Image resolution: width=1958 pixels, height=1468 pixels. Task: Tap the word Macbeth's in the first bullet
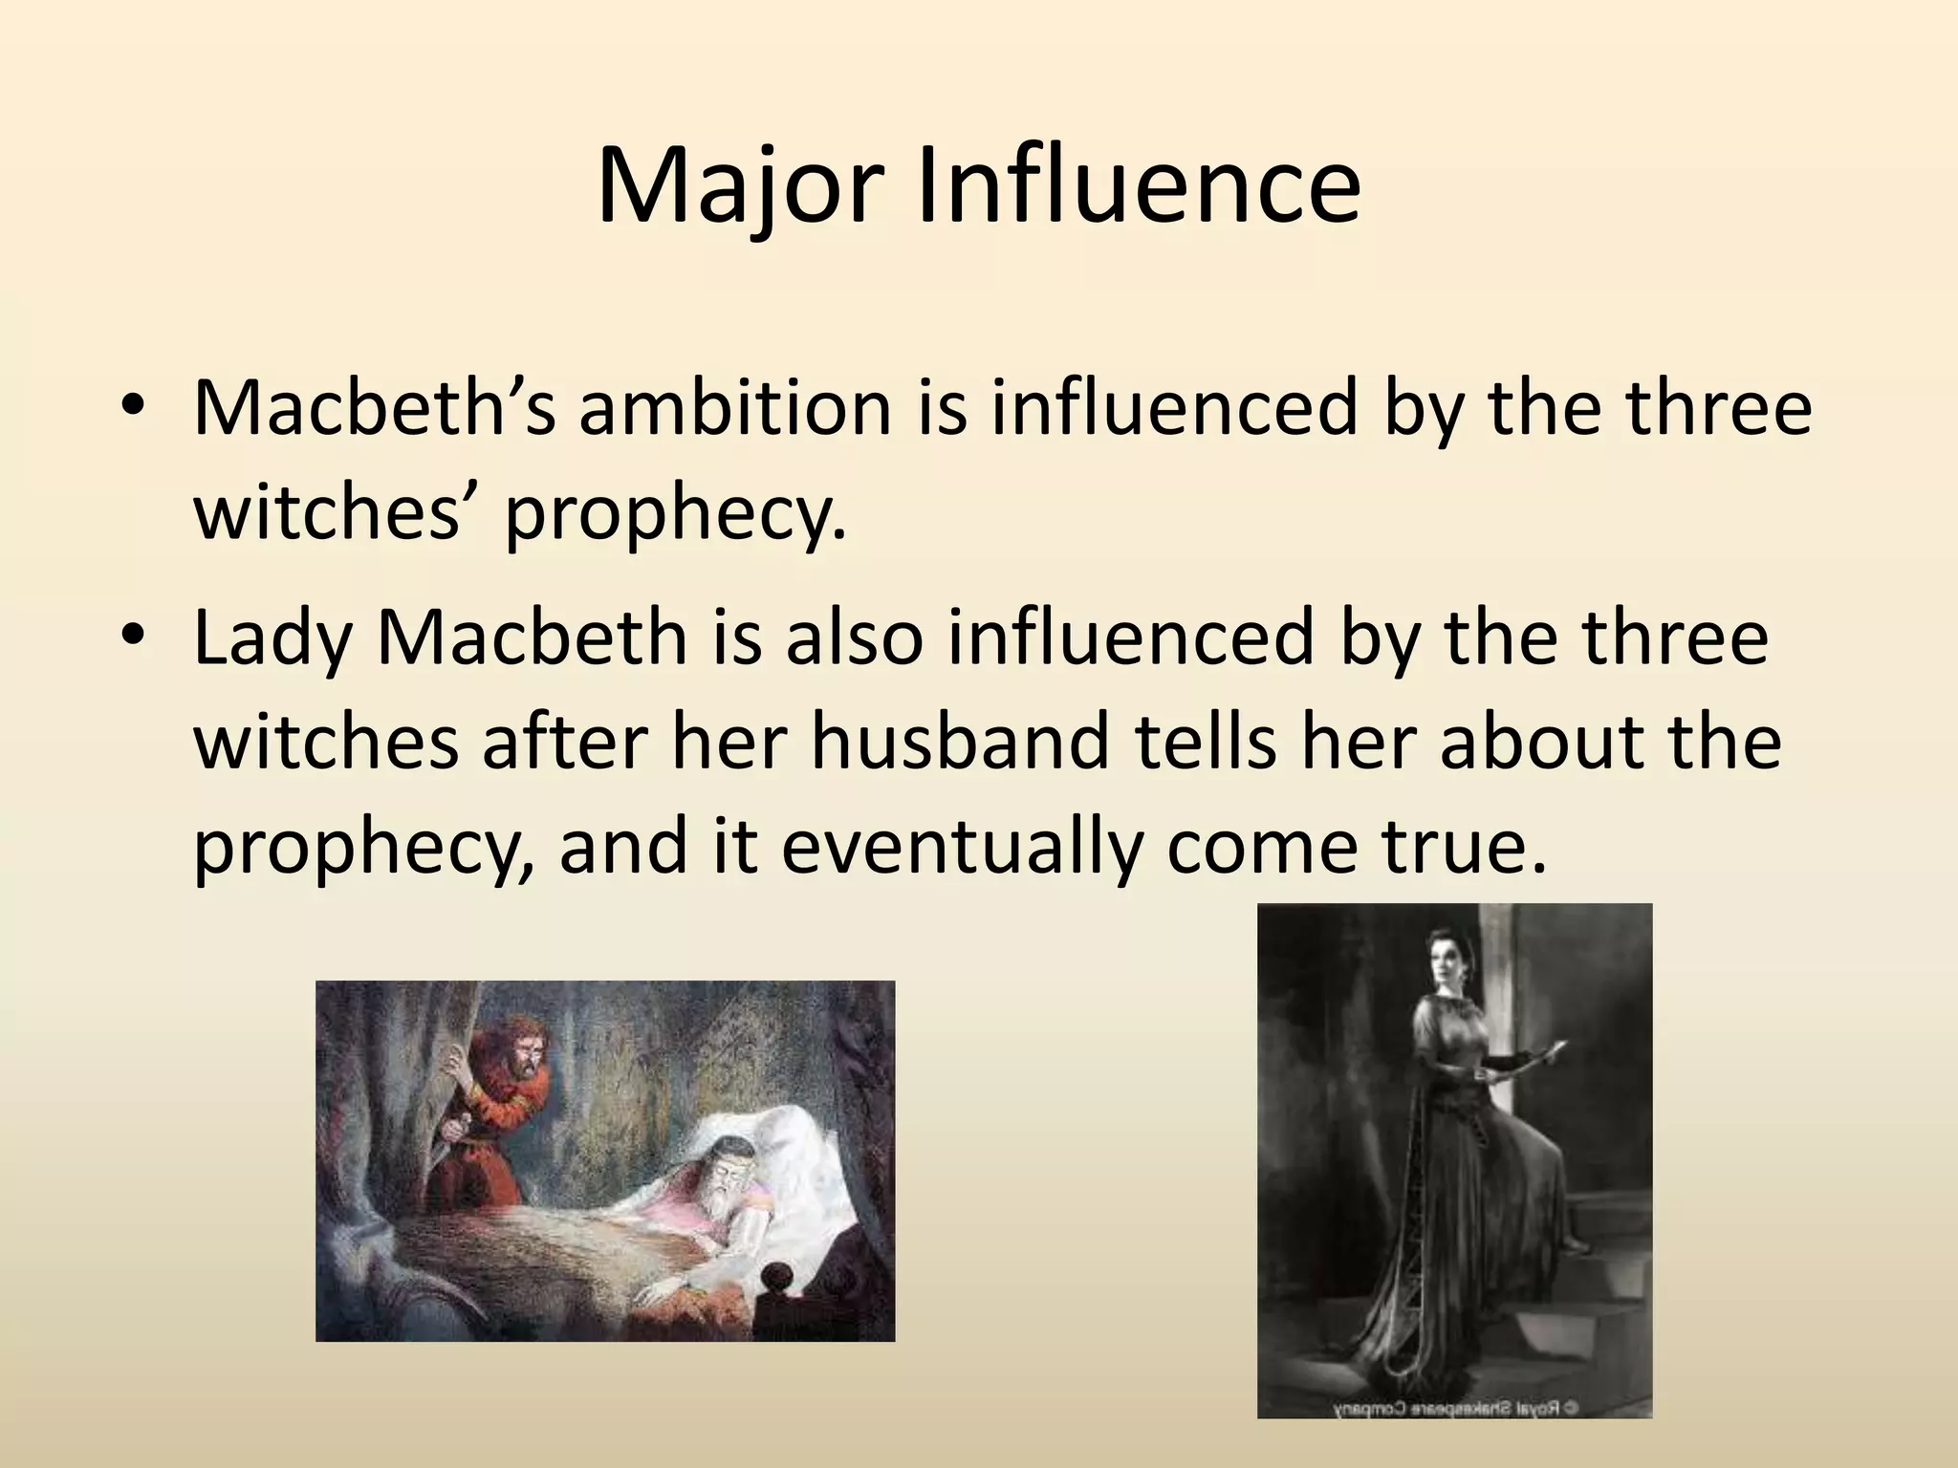point(374,408)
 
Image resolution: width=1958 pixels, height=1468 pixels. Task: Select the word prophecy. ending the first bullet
point(675,515)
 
